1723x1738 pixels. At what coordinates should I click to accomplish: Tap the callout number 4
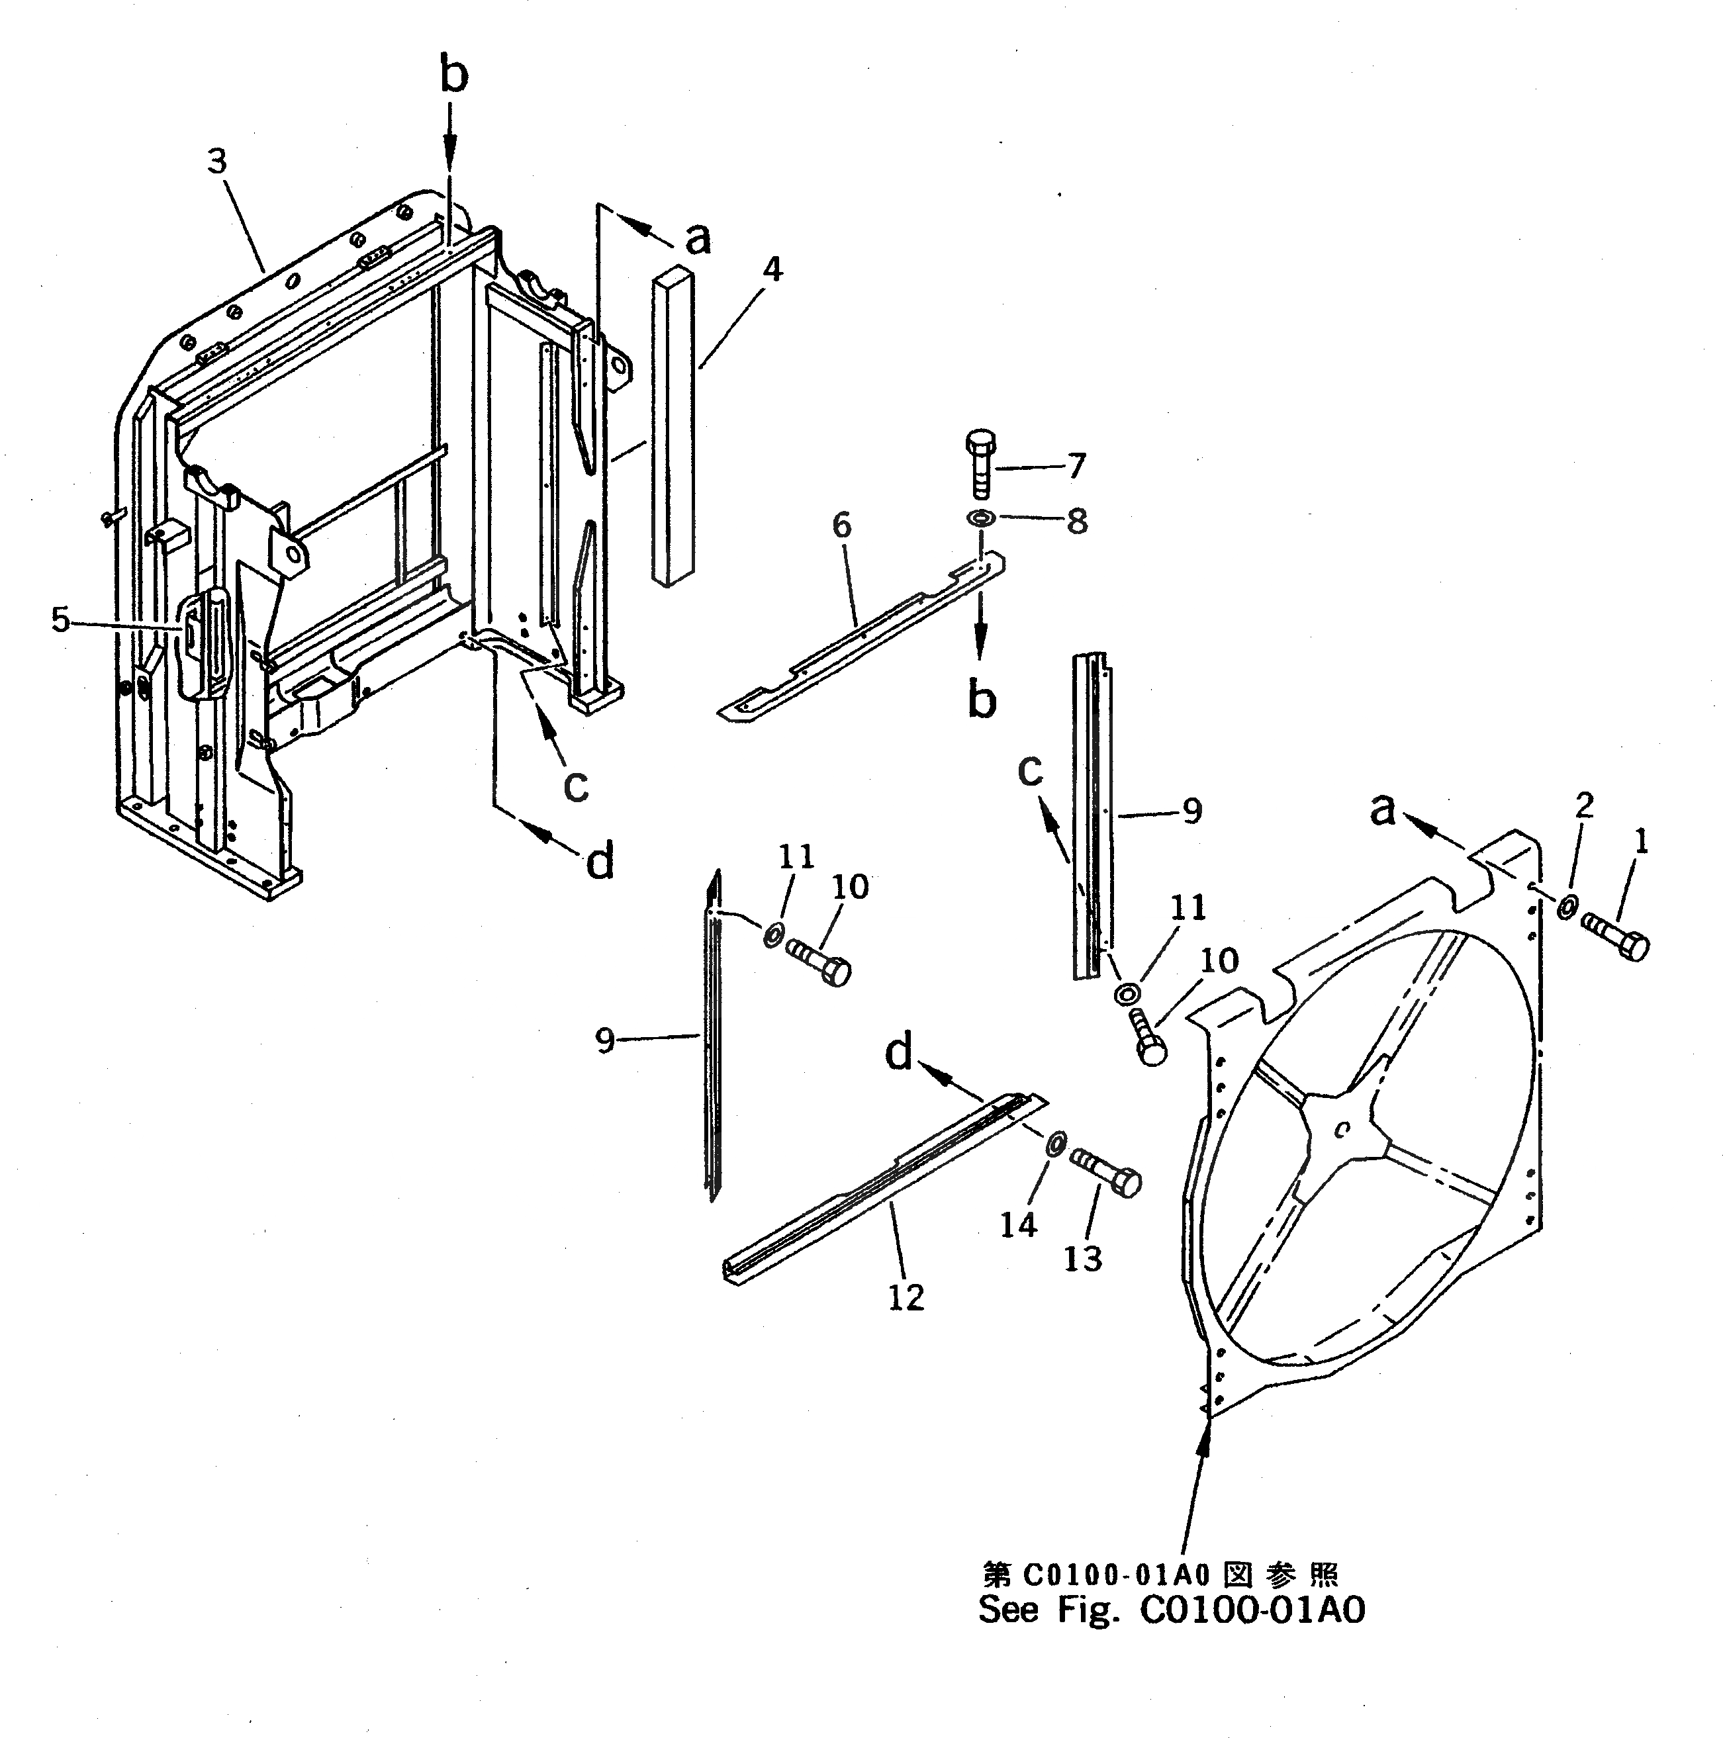pyautogui.click(x=771, y=268)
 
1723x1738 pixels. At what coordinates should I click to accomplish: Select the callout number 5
pyautogui.click(x=60, y=619)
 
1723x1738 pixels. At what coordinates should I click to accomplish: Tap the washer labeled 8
pyautogui.click(x=980, y=518)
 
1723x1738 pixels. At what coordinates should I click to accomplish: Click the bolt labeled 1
pyautogui.click(x=1617, y=944)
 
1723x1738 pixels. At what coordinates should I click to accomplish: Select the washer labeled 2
pyautogui.click(x=1566, y=909)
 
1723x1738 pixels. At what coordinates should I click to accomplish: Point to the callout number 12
pyautogui.click(x=906, y=1297)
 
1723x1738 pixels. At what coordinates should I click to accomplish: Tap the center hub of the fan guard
pyautogui.click(x=1340, y=1132)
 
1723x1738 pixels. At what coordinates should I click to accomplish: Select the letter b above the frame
pyautogui.click(x=454, y=75)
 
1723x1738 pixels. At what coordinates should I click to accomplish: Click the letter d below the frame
pyautogui.click(x=599, y=861)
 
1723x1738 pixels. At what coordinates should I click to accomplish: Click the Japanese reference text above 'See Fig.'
pyautogui.click(x=1160, y=1575)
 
